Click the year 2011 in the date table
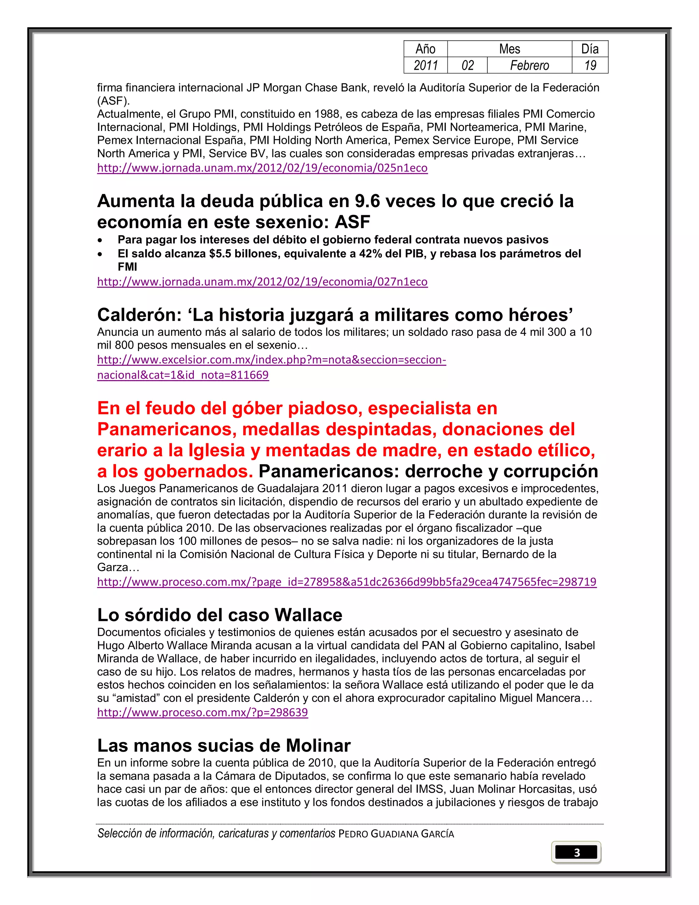point(426,66)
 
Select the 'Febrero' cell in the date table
point(529,66)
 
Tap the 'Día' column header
point(590,49)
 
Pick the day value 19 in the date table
point(590,66)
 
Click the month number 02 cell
point(468,66)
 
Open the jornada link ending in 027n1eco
point(262,282)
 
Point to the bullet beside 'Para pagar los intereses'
point(100,240)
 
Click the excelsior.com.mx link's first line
point(272,360)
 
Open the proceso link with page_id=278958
point(347,582)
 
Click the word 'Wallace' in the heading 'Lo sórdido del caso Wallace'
point(308,615)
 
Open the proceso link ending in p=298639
point(202,712)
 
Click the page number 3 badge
point(576,852)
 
